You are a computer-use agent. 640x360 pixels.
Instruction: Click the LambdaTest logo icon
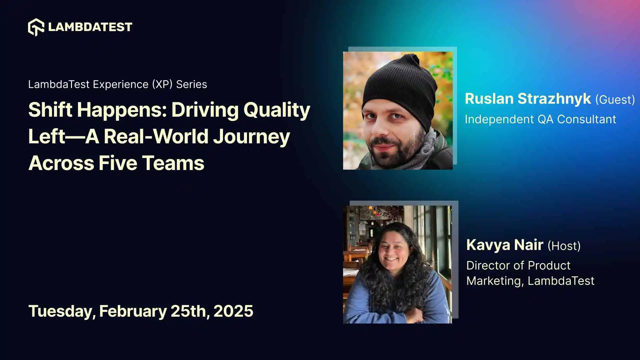coord(36,27)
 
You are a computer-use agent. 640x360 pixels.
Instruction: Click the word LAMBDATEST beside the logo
coord(90,27)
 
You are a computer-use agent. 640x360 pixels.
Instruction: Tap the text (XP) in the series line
coord(162,84)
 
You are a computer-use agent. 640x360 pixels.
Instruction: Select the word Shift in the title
coord(50,110)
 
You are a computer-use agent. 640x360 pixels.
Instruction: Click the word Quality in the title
coord(277,110)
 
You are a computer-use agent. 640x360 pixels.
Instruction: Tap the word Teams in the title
coord(173,163)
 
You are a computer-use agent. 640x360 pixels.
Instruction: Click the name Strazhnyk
coord(554,99)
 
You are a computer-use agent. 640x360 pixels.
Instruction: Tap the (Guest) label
coord(615,100)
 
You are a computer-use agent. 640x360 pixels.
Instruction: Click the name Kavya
coord(488,245)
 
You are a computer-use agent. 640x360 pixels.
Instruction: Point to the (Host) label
coord(564,246)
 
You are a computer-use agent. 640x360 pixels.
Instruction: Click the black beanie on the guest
coord(400,83)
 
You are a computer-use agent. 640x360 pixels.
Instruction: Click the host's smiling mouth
coord(391,259)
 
